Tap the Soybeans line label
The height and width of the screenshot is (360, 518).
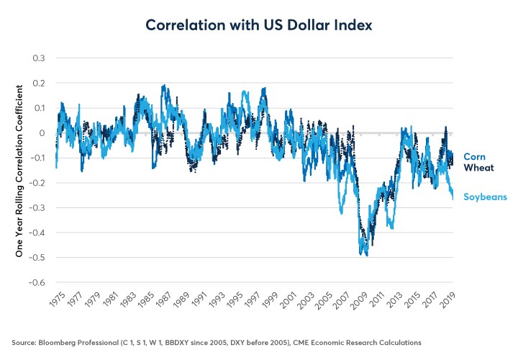point(485,196)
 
